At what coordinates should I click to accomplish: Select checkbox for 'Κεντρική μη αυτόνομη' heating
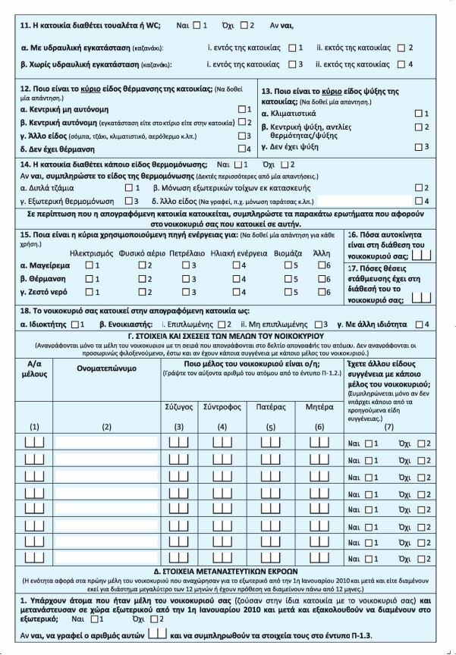pyautogui.click(x=242, y=109)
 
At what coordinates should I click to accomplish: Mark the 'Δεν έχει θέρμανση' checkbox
pyautogui.click(x=242, y=148)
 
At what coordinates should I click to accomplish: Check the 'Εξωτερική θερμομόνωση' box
pyautogui.click(x=128, y=201)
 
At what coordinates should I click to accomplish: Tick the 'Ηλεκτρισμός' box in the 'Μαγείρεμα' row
pyautogui.click(x=89, y=265)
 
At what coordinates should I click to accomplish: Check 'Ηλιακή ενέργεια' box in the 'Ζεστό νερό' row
pyautogui.click(x=235, y=292)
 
